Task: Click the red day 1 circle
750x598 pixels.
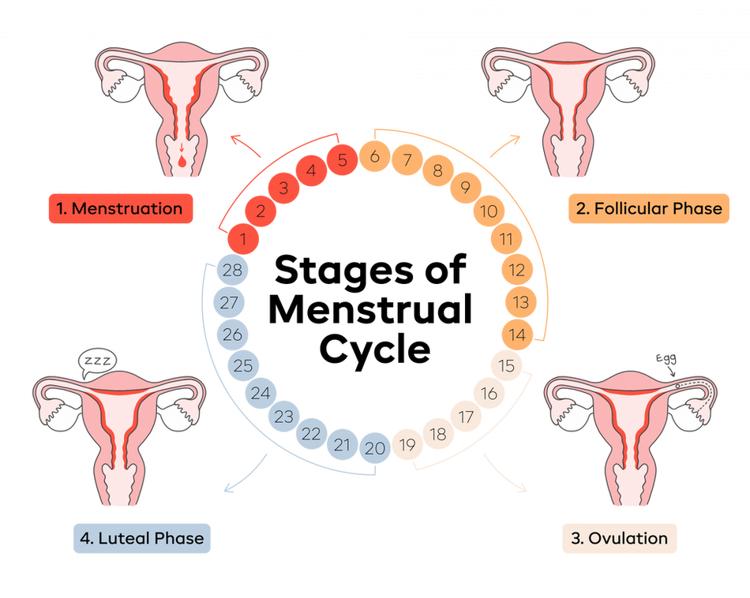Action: (243, 238)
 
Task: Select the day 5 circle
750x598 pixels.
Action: (342, 159)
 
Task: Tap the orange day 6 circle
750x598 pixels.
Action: (374, 156)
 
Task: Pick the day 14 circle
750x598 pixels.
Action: (517, 335)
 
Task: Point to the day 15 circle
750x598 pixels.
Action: (506, 366)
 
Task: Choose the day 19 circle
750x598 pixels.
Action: (407, 445)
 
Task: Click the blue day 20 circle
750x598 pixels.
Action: (375, 448)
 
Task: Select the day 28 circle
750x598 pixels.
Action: (232, 270)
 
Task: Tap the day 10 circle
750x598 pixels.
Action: (489, 211)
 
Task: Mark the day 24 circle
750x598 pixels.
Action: (261, 393)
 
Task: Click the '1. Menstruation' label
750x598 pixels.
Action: (121, 208)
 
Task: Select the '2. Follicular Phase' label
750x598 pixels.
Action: (649, 208)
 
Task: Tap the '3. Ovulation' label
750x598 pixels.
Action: (620, 538)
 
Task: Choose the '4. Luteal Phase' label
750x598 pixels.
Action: (141, 538)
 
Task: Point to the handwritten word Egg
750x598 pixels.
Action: (666, 358)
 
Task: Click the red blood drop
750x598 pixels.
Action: (182, 162)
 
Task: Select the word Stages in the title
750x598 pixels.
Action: (343, 270)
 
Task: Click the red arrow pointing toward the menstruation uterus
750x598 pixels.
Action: (246, 146)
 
